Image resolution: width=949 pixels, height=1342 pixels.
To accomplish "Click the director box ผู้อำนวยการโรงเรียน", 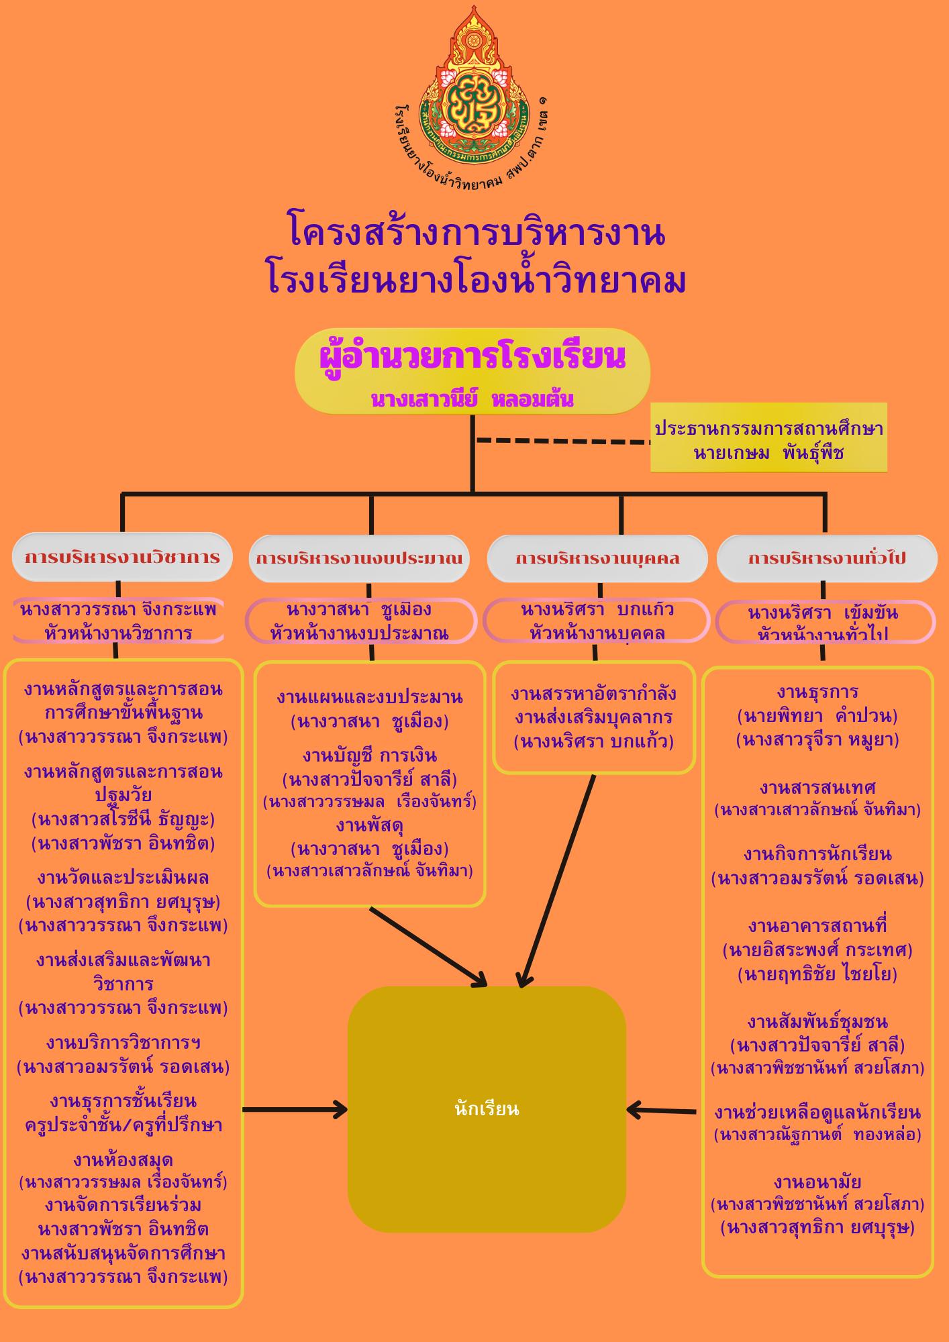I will point(472,370).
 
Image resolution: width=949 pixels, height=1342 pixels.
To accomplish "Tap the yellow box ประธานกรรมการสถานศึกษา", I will point(768,437).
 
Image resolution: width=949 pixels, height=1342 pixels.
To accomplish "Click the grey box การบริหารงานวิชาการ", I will point(122,557).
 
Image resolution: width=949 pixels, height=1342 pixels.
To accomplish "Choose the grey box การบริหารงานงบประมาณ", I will point(359,558).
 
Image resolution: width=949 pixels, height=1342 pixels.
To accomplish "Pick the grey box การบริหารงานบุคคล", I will point(597,558).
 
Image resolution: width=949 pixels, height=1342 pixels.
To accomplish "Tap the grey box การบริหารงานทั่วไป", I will point(827,558).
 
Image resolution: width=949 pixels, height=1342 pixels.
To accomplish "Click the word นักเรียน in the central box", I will point(487,1108).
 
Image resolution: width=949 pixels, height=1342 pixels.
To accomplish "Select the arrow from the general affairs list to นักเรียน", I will point(662,1111).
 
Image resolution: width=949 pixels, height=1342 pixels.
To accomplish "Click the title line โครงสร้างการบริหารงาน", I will point(476,232).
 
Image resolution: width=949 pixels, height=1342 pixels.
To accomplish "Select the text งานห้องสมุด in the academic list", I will point(123,1159).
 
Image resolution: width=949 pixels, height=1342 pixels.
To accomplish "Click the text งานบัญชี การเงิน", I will point(370,756).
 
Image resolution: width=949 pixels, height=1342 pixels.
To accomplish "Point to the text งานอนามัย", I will point(817,1182).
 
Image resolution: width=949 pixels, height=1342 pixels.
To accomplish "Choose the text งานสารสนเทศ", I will point(817,787).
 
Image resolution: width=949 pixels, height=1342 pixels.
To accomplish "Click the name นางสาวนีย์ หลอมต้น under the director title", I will point(472,399).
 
